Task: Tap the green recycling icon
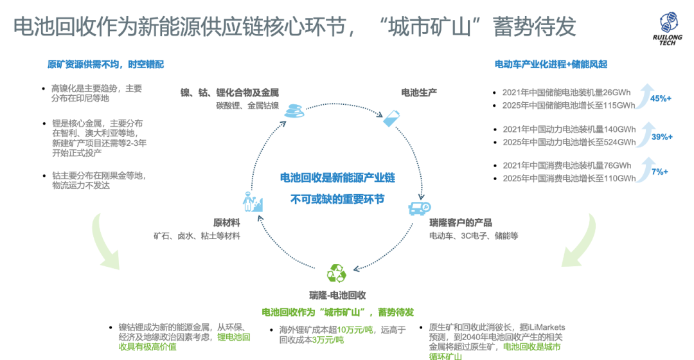(336, 274)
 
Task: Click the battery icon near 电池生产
(391, 118)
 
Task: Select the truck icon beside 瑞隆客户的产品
(418, 208)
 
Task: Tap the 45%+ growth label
(660, 98)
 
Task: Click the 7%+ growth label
(659, 172)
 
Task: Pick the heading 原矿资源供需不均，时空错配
(105, 64)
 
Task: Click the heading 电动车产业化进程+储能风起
(551, 64)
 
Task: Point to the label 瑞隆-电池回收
(337, 296)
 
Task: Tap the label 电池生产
(419, 93)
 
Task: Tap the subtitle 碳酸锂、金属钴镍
(247, 105)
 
